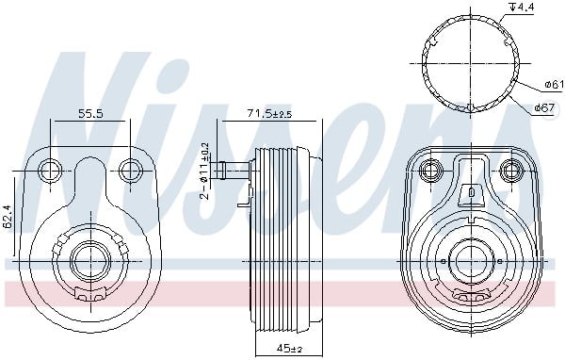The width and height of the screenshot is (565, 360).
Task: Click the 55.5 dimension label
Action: click(90, 113)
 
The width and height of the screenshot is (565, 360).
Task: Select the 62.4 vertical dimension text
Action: click(8, 217)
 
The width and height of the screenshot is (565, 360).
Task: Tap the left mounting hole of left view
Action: click(51, 170)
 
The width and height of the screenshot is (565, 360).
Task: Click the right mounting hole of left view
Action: click(131, 170)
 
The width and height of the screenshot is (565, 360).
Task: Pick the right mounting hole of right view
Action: click(511, 171)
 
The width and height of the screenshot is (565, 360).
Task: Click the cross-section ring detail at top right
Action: click(468, 58)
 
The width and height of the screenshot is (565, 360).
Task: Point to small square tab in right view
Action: click(470, 193)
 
